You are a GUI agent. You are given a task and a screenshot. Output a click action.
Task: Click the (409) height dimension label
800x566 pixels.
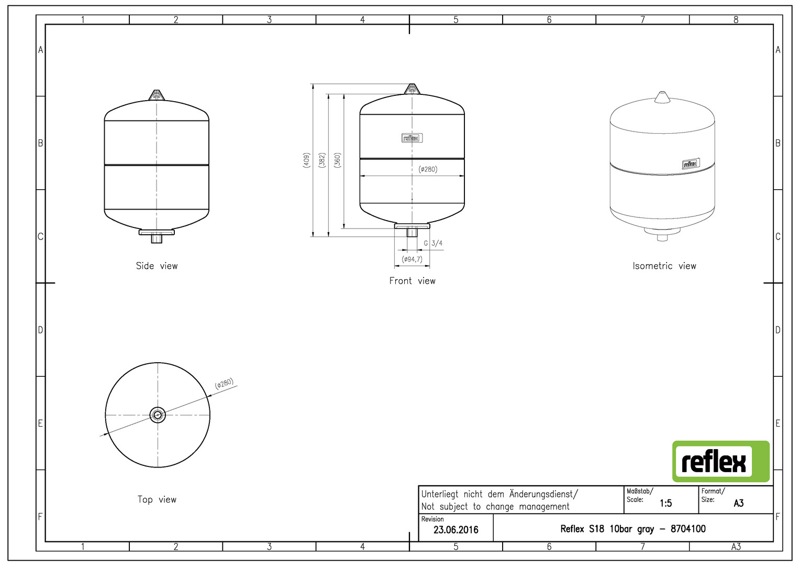[x=306, y=160]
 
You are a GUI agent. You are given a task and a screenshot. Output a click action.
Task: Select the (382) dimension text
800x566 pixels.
[x=322, y=160]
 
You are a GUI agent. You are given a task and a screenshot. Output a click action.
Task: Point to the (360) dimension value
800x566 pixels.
[x=337, y=160]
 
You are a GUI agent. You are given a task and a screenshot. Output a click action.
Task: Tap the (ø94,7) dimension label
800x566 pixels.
[x=412, y=259]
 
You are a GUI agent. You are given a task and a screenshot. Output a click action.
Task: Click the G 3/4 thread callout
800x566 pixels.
[x=433, y=244]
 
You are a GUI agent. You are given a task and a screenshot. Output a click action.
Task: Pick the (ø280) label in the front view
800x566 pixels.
[x=428, y=169]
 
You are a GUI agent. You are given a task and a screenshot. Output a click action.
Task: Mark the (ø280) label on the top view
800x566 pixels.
[x=224, y=383]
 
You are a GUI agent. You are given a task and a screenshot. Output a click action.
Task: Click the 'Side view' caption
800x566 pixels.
[x=157, y=266]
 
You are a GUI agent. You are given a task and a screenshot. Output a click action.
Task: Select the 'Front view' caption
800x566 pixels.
[x=412, y=281]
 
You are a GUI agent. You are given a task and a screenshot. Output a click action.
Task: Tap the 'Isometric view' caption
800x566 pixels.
[x=664, y=266]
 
